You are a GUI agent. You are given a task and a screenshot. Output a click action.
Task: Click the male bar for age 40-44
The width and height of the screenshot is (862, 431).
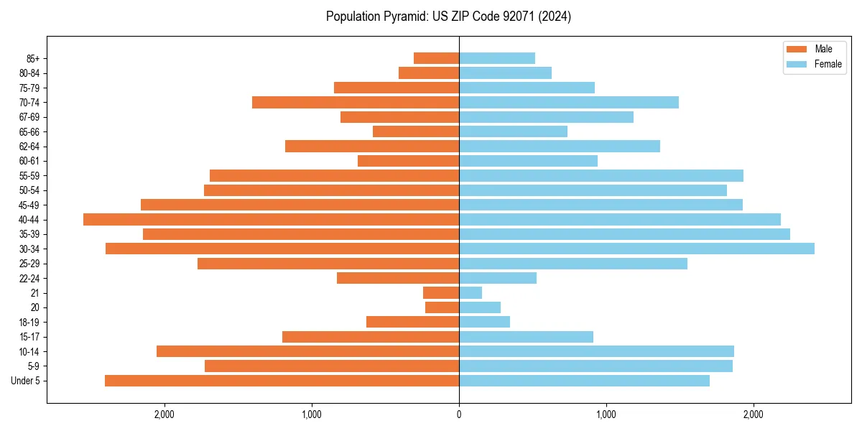click(271, 219)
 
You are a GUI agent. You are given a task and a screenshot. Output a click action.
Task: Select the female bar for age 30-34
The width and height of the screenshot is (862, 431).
click(636, 249)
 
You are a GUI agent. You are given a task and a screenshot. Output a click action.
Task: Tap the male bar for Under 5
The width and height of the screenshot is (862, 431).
click(282, 381)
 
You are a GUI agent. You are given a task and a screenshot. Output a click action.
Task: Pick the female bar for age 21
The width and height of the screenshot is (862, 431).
click(471, 293)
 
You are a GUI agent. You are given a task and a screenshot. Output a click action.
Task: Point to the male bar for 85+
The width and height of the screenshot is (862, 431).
click(436, 58)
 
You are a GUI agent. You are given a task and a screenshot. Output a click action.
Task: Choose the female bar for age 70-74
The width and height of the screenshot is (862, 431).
click(569, 103)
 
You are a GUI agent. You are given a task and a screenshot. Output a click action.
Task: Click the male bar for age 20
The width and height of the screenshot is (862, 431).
click(442, 307)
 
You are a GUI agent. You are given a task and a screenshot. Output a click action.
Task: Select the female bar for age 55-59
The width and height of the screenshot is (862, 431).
click(601, 176)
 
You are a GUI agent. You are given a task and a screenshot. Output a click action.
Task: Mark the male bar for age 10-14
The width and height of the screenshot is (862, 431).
click(307, 351)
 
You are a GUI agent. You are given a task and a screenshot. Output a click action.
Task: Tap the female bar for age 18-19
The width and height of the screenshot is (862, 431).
click(484, 322)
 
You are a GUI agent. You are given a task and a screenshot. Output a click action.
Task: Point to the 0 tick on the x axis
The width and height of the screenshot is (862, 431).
click(459, 414)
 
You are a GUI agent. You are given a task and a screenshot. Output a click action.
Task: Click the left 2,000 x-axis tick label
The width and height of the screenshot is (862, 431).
click(164, 414)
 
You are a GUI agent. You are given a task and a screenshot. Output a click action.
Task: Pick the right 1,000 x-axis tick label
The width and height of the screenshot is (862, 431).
click(606, 414)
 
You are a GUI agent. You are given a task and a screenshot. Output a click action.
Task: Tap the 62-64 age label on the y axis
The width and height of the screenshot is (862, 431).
click(29, 147)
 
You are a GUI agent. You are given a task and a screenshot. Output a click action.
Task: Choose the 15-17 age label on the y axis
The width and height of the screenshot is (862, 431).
click(29, 337)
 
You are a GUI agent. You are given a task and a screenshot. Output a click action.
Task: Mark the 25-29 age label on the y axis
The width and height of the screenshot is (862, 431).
click(29, 264)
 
